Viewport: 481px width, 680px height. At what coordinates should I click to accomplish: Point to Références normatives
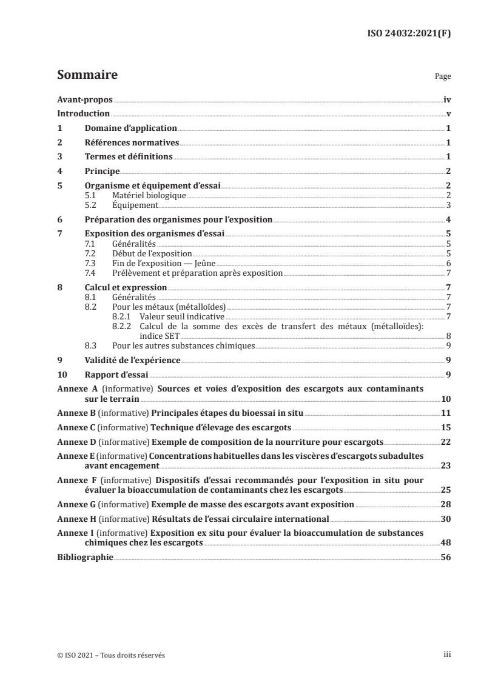click(x=132, y=143)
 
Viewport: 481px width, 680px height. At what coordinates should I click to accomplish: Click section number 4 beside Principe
click(x=59, y=172)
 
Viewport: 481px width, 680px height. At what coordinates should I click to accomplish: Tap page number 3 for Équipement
click(x=448, y=205)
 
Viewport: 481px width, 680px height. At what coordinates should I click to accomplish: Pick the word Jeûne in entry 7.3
click(x=205, y=263)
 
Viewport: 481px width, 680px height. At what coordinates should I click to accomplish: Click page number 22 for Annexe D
click(x=445, y=441)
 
